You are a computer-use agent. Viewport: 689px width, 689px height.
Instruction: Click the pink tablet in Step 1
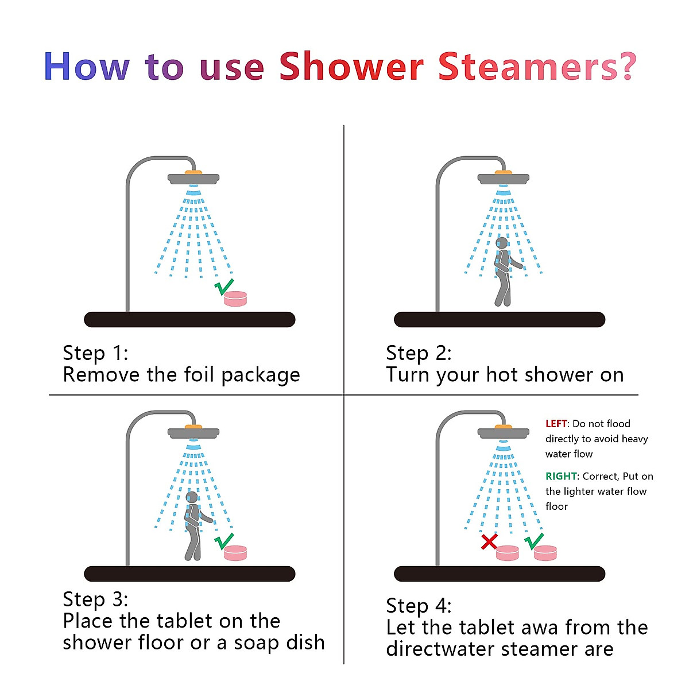235,299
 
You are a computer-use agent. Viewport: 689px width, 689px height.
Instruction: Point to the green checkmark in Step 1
224,286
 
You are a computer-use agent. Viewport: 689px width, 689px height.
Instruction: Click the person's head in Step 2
502,243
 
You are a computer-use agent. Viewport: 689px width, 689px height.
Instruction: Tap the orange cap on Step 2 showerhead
504,172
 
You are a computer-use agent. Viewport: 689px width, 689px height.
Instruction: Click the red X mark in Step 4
489,541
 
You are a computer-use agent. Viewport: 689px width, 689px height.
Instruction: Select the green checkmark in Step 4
534,540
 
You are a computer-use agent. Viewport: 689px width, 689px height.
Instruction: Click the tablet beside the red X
507,553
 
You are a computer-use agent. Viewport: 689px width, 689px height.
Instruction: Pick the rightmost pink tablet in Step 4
545,553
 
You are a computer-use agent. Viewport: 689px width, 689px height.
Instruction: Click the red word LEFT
556,424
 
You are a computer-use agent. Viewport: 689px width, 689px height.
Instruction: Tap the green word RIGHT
561,476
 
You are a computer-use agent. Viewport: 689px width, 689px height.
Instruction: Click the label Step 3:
95,599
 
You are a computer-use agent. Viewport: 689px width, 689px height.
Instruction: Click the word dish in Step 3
305,642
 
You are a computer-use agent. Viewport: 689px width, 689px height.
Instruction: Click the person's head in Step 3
192,497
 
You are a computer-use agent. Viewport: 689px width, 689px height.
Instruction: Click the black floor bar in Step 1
189,319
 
